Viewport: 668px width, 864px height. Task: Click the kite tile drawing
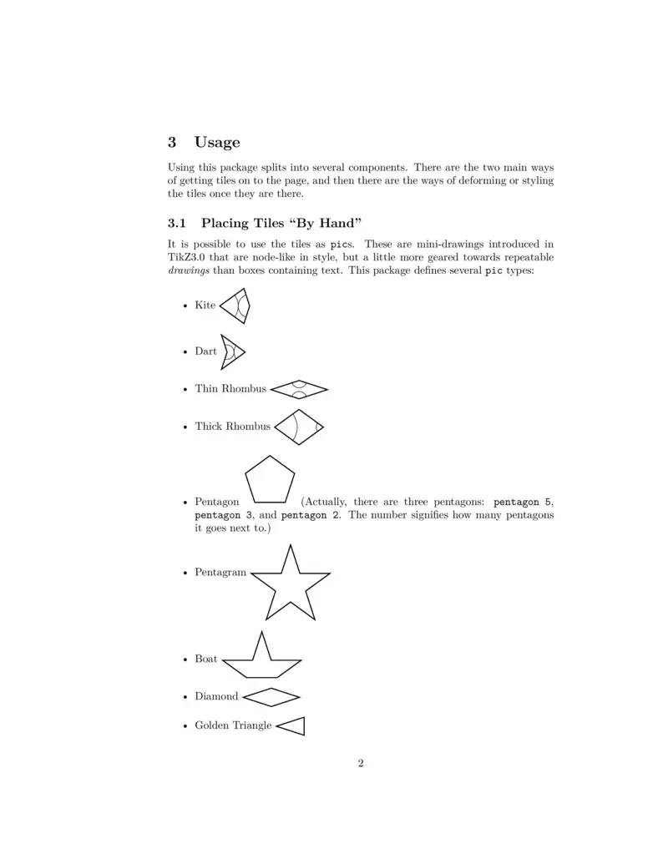[x=235, y=306]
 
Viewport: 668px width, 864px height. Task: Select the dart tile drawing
[x=231, y=351]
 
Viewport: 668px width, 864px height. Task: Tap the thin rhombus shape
[x=299, y=388]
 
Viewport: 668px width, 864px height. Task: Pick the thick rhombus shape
[x=298, y=427]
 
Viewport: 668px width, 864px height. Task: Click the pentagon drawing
[x=270, y=481]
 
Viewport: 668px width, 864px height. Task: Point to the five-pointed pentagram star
[x=291, y=584]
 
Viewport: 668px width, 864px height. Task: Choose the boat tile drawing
[x=262, y=659]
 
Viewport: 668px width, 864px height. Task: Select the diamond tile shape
[x=271, y=696]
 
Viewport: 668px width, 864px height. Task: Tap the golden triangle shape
[x=293, y=726]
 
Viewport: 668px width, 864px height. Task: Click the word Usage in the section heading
[x=217, y=142]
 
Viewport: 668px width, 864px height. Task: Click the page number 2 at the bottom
[x=361, y=763]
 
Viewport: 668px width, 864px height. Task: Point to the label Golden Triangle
[x=233, y=725]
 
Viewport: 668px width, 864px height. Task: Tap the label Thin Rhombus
[x=230, y=388]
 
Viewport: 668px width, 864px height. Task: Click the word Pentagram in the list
[x=220, y=573]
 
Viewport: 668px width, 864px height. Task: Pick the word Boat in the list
[x=205, y=659]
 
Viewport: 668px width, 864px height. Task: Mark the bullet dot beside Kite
[x=185, y=306]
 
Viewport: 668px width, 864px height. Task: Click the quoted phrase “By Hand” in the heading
[x=328, y=223]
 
